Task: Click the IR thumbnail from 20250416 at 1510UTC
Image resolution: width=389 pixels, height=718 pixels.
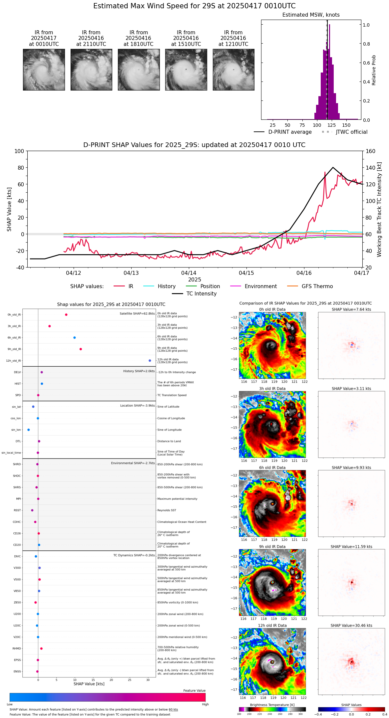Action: [x=186, y=70]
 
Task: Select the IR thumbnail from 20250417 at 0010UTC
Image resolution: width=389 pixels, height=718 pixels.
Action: [x=44, y=70]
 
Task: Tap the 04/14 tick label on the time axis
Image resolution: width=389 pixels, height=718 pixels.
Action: [x=189, y=273]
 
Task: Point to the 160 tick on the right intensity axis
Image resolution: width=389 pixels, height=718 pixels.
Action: [x=370, y=151]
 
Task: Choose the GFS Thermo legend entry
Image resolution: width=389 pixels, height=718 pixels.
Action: [x=317, y=286]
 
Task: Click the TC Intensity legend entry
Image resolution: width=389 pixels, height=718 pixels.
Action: [x=201, y=294]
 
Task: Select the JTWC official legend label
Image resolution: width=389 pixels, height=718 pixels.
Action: [x=351, y=132]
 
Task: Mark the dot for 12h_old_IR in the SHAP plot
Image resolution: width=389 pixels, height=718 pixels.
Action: [x=150, y=361]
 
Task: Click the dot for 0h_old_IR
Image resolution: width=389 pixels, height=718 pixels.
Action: [x=66, y=315]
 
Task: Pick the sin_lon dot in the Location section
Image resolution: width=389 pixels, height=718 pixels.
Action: [x=29, y=430]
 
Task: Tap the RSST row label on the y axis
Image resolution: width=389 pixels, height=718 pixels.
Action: [x=17, y=510]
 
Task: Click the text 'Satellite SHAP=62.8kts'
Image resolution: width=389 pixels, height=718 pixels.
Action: [x=137, y=314]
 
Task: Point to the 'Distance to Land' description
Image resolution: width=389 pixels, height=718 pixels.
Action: [x=169, y=442]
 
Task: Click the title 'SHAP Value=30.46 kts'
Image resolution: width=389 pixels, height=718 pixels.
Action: [x=351, y=626]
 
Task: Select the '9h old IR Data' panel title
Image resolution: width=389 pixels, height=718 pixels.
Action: [x=272, y=547]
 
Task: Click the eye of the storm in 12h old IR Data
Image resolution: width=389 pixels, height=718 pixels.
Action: [x=272, y=662]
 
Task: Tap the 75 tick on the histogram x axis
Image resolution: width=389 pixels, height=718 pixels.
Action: [x=302, y=125]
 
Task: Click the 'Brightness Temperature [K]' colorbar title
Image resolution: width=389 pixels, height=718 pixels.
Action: [x=272, y=705]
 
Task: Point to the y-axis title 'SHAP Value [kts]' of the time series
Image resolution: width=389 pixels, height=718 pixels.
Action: [x=9, y=209]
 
